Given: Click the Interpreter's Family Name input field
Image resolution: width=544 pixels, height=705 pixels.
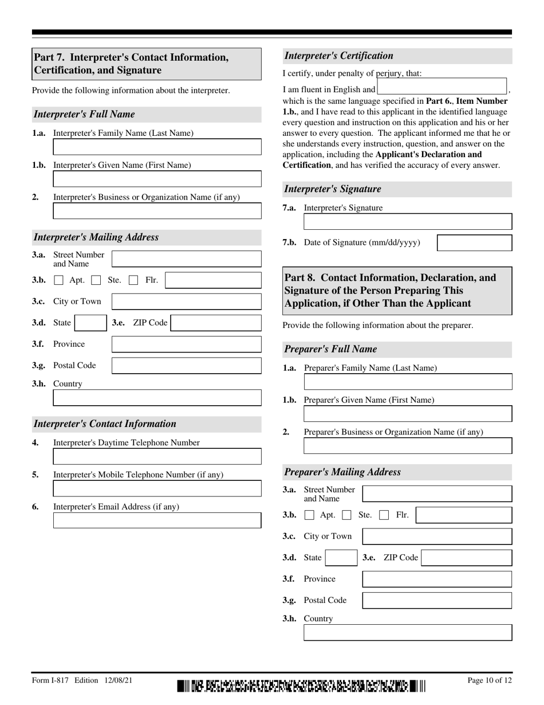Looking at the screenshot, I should (157, 147).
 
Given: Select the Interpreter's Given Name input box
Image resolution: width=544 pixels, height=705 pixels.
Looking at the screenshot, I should (157, 179).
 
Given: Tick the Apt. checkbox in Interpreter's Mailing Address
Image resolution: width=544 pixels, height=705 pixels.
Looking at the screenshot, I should (58, 280).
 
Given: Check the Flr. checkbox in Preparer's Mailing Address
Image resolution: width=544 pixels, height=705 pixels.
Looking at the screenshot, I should (384, 515).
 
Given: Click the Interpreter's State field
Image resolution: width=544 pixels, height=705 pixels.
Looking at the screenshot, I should (90, 323).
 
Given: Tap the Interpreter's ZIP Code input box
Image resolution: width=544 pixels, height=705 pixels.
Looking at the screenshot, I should (216, 323).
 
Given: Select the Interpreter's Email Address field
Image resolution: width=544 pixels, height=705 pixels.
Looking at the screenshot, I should (157, 520).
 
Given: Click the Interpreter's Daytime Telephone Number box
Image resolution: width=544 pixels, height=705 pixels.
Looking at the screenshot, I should (157, 456).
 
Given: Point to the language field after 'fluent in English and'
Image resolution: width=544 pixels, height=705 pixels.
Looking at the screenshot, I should (442, 87).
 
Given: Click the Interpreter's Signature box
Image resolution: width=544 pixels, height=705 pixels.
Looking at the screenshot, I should (407, 222).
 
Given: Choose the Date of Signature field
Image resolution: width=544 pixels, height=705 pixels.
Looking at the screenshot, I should (474, 242).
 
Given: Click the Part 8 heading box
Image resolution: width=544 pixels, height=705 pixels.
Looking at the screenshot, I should (397, 291).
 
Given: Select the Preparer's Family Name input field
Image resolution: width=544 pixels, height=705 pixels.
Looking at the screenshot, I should (407, 382).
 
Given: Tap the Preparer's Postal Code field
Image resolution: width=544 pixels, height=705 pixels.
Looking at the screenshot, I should (437, 600).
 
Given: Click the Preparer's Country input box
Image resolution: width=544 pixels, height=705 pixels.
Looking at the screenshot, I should (407, 633).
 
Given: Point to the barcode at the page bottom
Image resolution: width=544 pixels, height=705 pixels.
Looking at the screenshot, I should (301, 686).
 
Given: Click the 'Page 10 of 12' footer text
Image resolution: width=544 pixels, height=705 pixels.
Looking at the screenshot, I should (490, 680).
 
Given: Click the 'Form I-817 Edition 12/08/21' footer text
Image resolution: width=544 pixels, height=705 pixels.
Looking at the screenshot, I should (83, 680).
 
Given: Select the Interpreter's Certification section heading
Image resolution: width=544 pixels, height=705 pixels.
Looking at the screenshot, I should (339, 56).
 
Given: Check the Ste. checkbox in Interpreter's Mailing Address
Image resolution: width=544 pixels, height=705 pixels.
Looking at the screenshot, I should (96, 280).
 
